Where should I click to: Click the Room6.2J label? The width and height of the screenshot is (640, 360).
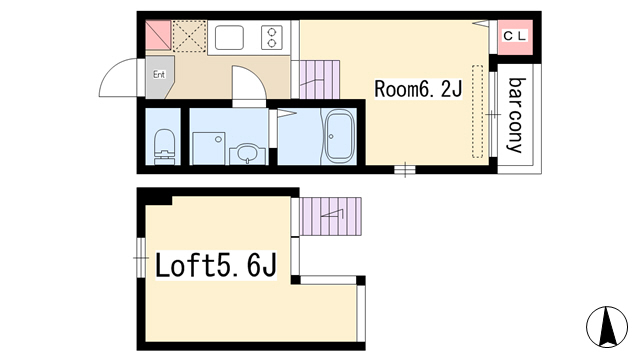(418, 89)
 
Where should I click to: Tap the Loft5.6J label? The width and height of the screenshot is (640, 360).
(216, 265)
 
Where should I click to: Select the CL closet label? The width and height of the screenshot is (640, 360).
(515, 36)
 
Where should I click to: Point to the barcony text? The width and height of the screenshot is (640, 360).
(515, 115)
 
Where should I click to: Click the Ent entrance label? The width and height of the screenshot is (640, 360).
(159, 74)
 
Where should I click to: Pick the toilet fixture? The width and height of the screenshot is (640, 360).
(164, 146)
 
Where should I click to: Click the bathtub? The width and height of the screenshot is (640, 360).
(339, 136)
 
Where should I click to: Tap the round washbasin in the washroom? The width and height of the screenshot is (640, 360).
(247, 154)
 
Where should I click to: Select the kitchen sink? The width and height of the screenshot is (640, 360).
(229, 38)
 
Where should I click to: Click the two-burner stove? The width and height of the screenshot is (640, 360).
(272, 38)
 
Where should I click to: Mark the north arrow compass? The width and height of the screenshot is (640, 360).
(607, 327)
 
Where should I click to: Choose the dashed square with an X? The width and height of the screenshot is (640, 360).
(189, 36)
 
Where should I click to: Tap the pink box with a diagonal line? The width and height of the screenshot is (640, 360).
(158, 35)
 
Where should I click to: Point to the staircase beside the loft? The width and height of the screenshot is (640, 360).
(330, 216)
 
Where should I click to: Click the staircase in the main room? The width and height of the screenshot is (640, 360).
(320, 80)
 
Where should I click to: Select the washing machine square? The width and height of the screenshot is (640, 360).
(209, 148)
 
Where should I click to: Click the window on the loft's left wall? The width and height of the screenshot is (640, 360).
(141, 258)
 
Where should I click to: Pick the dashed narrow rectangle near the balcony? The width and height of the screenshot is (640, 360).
(478, 111)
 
